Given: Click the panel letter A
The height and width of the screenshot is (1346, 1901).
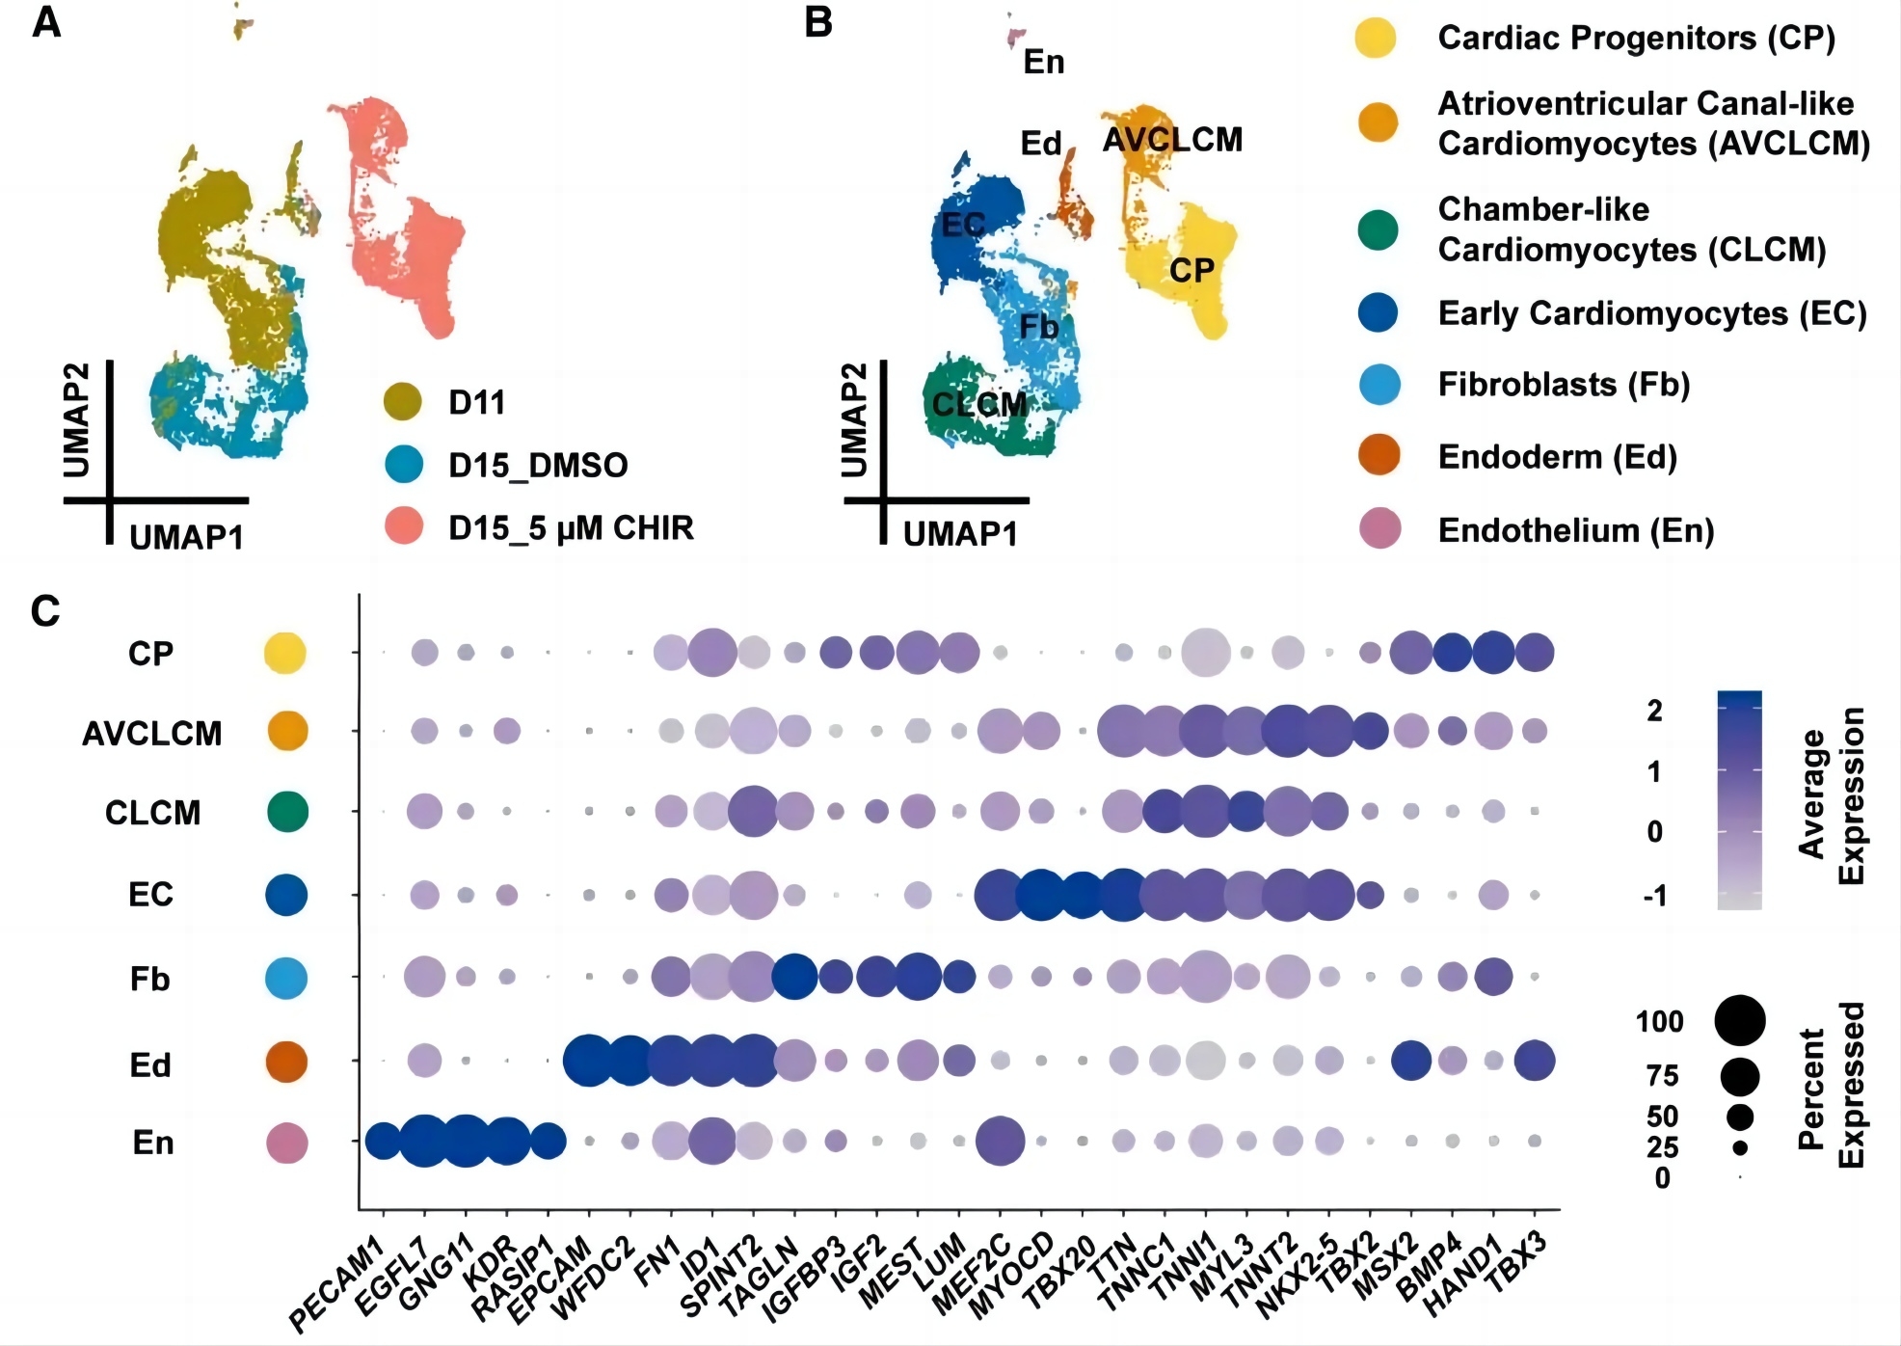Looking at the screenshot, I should [x=46, y=23].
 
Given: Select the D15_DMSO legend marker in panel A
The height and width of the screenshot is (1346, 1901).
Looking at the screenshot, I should [x=403, y=464].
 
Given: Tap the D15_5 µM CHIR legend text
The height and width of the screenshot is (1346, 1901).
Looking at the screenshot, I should [x=571, y=528].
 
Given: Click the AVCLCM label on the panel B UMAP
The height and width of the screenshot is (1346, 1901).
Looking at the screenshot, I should [x=1172, y=141].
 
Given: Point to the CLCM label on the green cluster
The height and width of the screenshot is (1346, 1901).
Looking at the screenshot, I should [x=979, y=404].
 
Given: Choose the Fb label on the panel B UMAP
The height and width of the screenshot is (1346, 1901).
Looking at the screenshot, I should [x=1039, y=328].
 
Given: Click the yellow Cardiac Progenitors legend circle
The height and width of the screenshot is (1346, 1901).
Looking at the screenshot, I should [x=1376, y=38].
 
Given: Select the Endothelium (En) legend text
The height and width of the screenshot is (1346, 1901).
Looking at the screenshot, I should [x=1575, y=530].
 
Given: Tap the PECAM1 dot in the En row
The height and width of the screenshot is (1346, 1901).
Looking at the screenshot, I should [x=383, y=1141].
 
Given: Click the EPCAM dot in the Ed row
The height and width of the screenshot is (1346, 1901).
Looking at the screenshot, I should [x=588, y=1061].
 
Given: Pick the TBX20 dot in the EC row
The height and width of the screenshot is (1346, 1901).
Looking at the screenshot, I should [x=1082, y=895].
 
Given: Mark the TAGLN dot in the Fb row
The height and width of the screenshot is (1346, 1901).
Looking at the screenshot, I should [x=794, y=977].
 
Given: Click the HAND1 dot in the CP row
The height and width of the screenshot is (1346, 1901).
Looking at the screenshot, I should [x=1494, y=653].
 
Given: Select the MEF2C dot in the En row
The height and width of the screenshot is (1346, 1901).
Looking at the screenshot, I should [x=1001, y=1141].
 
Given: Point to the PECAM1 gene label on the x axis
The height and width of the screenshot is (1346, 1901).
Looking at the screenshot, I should [x=337, y=1287].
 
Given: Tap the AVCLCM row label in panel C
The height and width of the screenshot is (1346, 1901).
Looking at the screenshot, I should [x=151, y=734].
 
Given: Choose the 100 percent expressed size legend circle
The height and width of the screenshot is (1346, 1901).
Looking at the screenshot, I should [x=1740, y=1020].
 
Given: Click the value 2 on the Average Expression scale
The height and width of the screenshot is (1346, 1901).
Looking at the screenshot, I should [x=1654, y=711].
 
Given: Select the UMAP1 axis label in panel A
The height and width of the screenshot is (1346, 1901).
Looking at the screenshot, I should [x=186, y=537].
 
